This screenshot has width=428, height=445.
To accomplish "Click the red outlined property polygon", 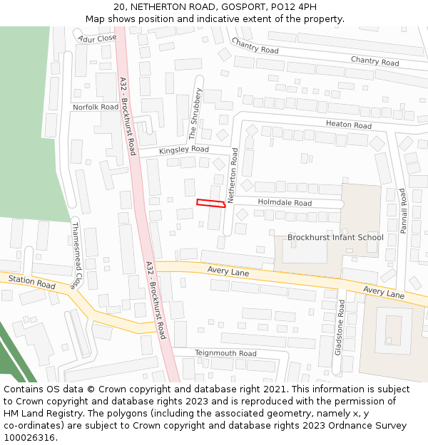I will pyautogui.click(x=211, y=204).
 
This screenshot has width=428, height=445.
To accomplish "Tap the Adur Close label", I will pyautogui.click(x=98, y=38).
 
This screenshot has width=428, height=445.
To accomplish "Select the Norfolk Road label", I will pyautogui.click(x=96, y=107).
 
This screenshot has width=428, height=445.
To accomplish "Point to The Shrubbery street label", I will pyautogui.click(x=195, y=115).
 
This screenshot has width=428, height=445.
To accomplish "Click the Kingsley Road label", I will pyautogui.click(x=184, y=150).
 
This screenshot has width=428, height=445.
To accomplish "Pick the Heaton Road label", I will pyautogui.click(x=349, y=125).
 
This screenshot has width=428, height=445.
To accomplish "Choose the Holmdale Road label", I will pyautogui.click(x=285, y=203).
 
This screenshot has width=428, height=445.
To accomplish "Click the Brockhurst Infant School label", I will pyautogui.click(x=335, y=237).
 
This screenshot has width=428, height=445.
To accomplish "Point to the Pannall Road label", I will pyautogui.click(x=403, y=211).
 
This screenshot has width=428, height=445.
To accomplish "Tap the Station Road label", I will pyautogui.click(x=32, y=283).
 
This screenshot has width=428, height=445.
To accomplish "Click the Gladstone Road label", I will pyautogui.click(x=340, y=327).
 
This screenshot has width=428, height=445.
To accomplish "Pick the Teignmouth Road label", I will pyautogui.click(x=225, y=353).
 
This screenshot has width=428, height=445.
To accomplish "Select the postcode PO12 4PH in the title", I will pyautogui.click(x=290, y=7).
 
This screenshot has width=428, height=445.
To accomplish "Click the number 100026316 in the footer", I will pyautogui.click(x=29, y=438).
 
